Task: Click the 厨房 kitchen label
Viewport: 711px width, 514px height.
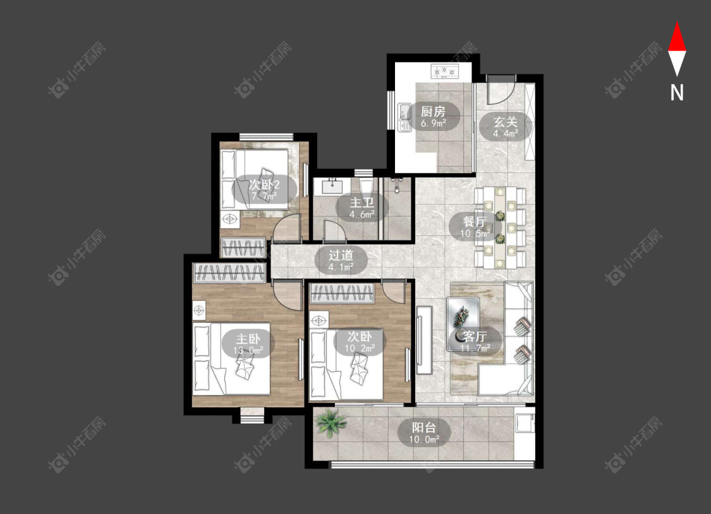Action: [433, 111]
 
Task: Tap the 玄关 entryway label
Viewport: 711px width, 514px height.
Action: [506, 122]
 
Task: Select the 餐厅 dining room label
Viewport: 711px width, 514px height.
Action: [475, 221]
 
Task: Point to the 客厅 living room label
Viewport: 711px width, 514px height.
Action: [475, 336]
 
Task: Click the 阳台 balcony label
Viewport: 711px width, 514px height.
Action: [424, 427]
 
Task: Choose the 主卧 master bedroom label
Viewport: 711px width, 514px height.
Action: [248, 338]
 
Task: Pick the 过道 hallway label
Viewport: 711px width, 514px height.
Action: [341, 255]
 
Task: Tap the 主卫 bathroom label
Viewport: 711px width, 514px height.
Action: [362, 202]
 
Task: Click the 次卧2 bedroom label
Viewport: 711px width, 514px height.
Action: [264, 185]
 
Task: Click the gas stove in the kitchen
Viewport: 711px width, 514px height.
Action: [444, 71]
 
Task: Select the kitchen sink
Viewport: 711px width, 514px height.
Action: [404, 118]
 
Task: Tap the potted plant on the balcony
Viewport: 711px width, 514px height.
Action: [331, 423]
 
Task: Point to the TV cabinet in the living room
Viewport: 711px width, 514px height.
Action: [425, 340]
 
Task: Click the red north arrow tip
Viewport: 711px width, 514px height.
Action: [677, 21]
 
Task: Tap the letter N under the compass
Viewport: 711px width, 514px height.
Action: [677, 92]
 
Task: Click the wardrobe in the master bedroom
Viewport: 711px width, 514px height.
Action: [229, 274]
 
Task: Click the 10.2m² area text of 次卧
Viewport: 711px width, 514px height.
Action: [360, 348]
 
